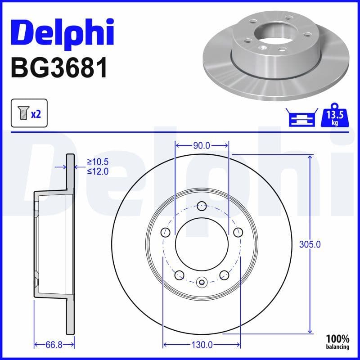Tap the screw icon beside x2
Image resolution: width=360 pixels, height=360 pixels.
point(22,114)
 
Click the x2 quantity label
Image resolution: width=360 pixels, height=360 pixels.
point(36,114)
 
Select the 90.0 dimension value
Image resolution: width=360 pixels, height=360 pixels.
point(202,145)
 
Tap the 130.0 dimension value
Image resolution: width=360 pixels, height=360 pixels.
point(202,345)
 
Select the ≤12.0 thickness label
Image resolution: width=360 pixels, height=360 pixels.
point(98,171)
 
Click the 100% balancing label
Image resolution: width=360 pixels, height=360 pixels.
point(337,342)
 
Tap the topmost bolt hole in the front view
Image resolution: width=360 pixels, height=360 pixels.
point(202,206)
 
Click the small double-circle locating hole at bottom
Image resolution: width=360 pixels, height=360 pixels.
point(202,283)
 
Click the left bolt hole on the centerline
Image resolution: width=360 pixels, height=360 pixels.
point(166,232)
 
